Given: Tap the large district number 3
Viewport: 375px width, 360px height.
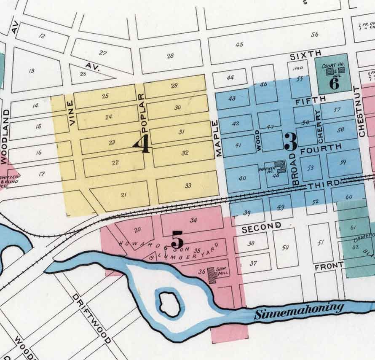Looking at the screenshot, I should pos(290,142).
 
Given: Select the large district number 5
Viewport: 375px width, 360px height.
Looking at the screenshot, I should pos(177,241).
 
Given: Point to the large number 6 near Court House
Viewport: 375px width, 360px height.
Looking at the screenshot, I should pos(334,83).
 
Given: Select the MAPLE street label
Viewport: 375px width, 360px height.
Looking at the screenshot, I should pos(218,139).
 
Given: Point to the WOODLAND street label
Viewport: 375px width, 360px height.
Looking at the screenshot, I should pos(5,137).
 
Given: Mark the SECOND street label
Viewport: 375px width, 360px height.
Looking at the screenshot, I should pos(261,227).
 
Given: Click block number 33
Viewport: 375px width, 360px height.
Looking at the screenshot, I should pos(188,185).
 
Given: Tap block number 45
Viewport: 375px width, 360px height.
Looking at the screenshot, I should pos(239,44).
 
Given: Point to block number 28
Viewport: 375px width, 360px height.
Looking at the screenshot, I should pos(170,56).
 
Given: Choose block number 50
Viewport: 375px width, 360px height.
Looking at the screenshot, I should pos(285,247).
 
